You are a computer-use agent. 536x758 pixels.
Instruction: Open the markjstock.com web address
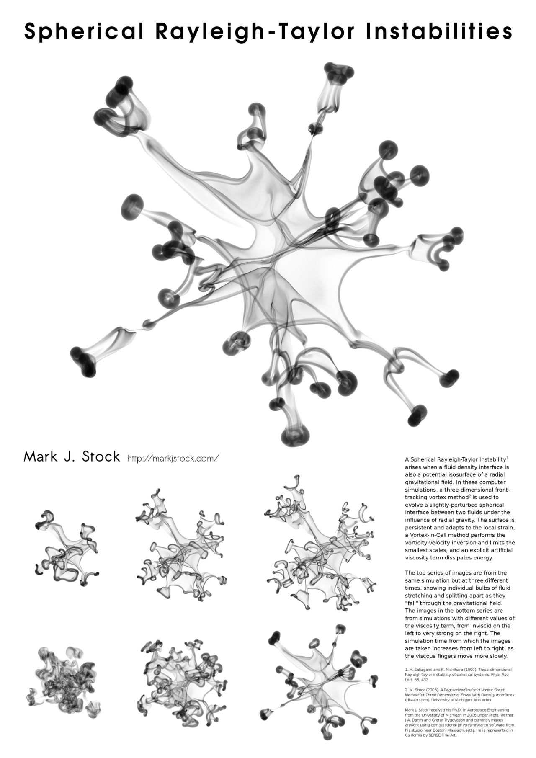(173, 458)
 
